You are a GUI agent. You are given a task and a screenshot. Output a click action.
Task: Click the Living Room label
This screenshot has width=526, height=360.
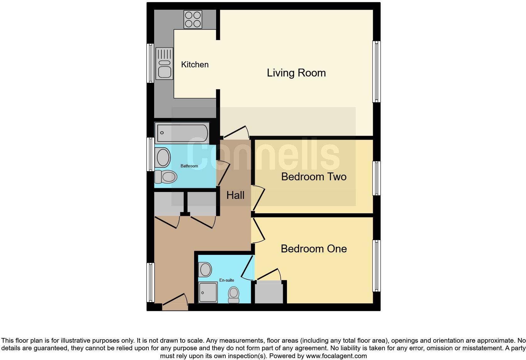[296, 73]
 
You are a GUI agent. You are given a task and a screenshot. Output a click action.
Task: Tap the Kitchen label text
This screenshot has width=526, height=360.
[195, 65]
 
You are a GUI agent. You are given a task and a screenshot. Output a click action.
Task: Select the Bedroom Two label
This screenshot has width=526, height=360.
[314, 177]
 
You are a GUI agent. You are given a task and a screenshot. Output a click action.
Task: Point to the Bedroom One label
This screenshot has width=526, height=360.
[314, 249]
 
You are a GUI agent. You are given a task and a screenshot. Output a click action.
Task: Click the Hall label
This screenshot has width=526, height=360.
[235, 195]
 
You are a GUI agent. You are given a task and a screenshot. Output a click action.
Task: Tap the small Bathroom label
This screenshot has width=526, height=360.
[189, 166]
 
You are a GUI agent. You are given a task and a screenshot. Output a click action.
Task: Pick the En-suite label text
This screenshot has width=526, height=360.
[227, 280]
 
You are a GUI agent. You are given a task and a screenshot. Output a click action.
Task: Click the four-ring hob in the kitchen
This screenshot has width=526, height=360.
[193, 19]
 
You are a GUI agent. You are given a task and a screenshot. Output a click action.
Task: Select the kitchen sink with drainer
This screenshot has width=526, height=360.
[164, 63]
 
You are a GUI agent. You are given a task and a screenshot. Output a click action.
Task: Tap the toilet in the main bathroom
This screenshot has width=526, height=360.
[165, 177]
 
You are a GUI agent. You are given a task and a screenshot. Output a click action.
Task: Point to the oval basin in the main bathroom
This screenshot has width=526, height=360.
[163, 157]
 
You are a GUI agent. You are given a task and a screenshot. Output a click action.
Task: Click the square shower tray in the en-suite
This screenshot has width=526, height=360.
[208, 292]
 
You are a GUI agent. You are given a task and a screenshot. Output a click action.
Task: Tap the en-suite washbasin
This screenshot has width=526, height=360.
[205, 270]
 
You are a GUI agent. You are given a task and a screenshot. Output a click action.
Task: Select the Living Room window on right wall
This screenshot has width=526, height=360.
[376, 72]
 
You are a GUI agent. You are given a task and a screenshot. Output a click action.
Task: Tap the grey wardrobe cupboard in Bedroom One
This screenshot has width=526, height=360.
[269, 293]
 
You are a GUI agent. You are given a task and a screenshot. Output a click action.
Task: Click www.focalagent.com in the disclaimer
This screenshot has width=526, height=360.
[336, 356]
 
